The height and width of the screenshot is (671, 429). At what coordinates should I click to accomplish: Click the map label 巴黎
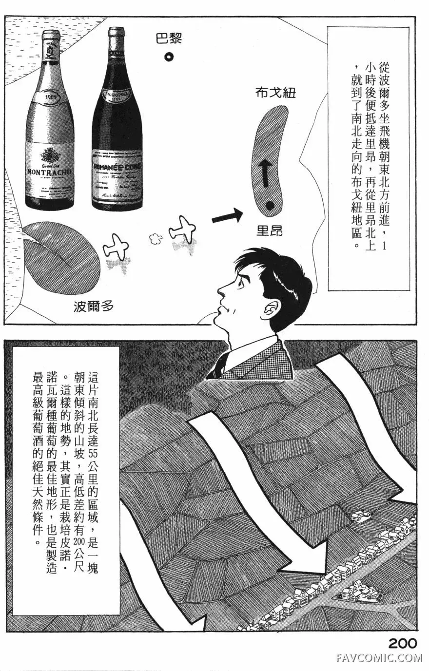coord(168,38)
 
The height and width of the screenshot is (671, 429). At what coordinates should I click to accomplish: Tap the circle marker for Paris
coord(169,58)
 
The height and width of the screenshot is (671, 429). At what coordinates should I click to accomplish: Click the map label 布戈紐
coord(275,93)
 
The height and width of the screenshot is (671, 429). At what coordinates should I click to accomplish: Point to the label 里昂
coord(270,230)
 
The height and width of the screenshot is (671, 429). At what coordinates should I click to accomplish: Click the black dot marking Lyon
coord(269,207)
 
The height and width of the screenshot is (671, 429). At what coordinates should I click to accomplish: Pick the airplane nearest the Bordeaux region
coord(115,247)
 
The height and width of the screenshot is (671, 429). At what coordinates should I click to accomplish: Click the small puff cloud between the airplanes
coord(155,239)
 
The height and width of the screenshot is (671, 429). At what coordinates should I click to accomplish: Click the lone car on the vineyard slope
coord(360,515)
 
